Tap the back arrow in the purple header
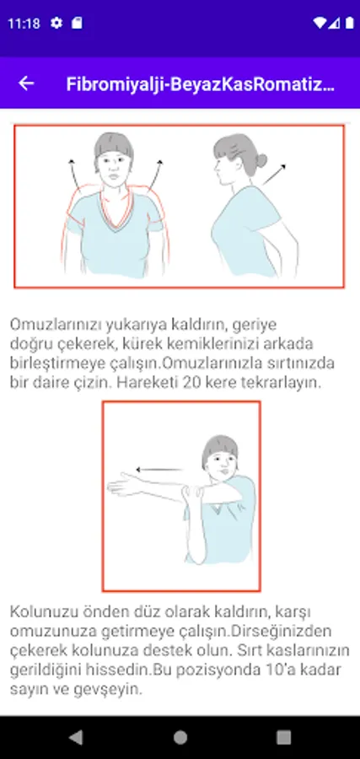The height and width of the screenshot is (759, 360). click(26, 83)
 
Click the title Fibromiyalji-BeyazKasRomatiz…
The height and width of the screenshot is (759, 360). click(201, 83)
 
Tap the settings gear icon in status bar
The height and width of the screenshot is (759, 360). click(56, 23)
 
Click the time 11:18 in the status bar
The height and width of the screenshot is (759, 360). click(24, 24)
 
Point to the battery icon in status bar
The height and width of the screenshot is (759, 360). click(349, 23)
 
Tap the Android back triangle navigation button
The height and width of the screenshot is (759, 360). click(76, 737)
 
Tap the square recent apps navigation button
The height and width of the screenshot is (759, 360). click(283, 737)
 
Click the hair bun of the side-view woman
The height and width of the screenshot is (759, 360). click(261, 160)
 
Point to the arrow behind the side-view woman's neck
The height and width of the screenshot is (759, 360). click(274, 175)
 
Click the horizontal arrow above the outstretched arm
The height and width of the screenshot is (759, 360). click(159, 469)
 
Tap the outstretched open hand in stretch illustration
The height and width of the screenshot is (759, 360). click(124, 485)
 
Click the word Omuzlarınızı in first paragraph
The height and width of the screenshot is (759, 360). click(54, 325)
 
